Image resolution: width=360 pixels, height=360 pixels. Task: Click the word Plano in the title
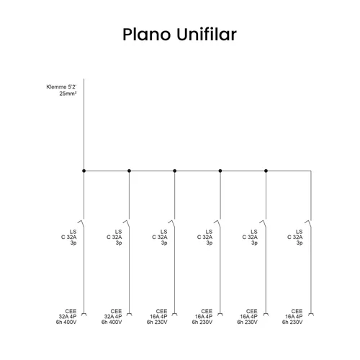point(146,35)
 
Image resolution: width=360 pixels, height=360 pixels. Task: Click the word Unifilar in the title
point(207,35)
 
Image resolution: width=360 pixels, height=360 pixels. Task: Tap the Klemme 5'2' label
point(61,87)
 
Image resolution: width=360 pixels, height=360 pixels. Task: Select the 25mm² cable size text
point(68,94)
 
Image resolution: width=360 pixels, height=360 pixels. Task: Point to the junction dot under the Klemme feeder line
point(84,171)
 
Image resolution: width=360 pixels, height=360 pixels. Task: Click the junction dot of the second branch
point(129,171)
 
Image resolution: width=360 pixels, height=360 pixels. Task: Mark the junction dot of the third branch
point(175,171)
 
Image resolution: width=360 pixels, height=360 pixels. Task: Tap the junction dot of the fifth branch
point(266,171)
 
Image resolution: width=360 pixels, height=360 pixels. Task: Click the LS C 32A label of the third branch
point(160,238)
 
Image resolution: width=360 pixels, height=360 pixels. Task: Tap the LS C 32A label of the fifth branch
point(250,238)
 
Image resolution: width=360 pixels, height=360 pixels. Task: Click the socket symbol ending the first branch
point(84,314)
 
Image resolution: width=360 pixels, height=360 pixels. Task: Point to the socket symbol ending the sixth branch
point(311,314)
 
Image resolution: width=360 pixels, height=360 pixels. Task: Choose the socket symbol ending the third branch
point(175,314)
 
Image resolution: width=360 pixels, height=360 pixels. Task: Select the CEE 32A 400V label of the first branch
point(66,317)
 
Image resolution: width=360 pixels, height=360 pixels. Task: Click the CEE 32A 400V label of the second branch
point(112,317)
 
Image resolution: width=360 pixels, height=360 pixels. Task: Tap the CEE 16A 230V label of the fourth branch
point(202,317)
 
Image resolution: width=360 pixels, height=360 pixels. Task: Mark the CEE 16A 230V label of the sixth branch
point(292,317)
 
